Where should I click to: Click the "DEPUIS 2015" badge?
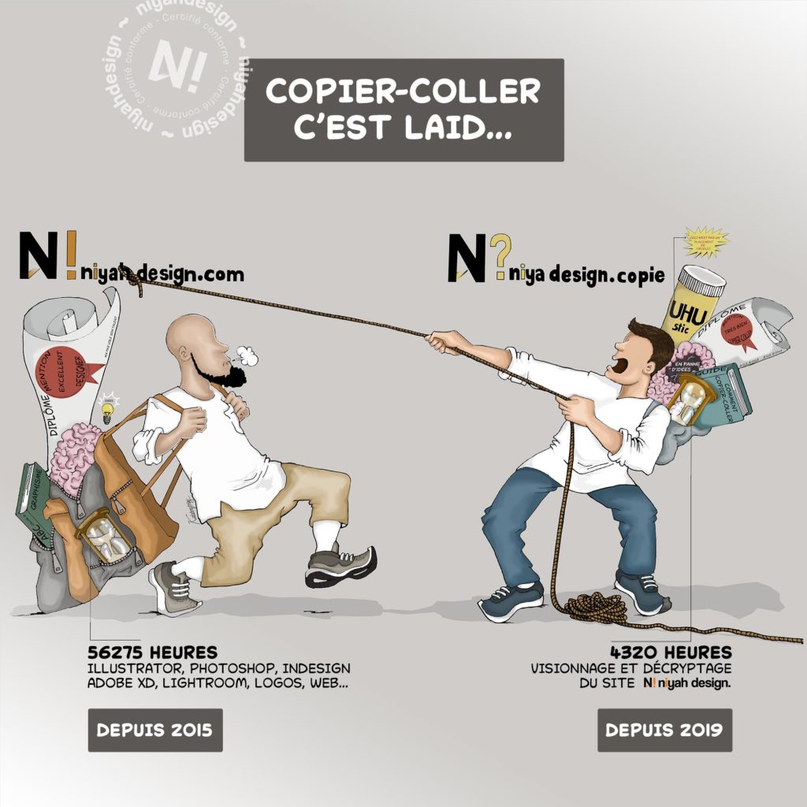pyautogui.click(x=154, y=730)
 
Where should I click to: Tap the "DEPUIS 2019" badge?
pyautogui.click(x=664, y=730)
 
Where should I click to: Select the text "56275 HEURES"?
pyautogui.click(x=153, y=653)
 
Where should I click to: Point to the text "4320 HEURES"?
pyautogui.click(x=671, y=653)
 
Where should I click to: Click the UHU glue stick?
pyautogui.click(x=691, y=303)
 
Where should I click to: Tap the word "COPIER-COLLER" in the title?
pyautogui.click(x=403, y=91)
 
